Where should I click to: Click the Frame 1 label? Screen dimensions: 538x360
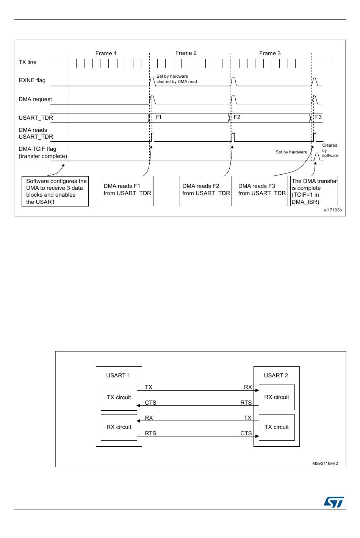[x=106, y=53]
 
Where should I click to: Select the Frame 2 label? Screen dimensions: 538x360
[x=186, y=53]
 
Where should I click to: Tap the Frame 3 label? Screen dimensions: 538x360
[x=270, y=53]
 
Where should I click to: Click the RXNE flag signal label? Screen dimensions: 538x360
[x=32, y=80]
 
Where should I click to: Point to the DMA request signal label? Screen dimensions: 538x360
[x=35, y=99]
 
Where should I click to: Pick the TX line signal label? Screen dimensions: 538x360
[x=28, y=62]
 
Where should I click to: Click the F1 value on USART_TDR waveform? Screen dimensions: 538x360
[x=159, y=117]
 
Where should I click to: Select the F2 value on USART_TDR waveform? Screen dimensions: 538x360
[x=237, y=117]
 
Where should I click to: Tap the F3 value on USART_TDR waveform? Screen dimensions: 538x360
[x=318, y=117]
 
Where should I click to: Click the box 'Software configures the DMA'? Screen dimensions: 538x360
[x=55, y=191]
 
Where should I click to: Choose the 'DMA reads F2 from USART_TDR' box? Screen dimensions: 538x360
[x=206, y=191]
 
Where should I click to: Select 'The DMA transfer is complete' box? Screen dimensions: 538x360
[x=314, y=191]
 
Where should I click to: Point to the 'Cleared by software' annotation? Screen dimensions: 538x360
[x=330, y=150]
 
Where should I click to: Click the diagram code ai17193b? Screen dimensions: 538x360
[x=332, y=210]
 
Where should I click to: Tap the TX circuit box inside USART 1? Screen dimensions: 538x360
[x=119, y=397]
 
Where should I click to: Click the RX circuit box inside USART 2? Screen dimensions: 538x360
[x=276, y=397]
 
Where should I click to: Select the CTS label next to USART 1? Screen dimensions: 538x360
[x=150, y=403]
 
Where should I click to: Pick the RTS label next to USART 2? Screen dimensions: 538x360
[x=246, y=403]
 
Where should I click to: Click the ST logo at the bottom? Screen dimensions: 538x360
[x=333, y=502]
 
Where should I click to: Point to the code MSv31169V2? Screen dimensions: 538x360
[x=325, y=463]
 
